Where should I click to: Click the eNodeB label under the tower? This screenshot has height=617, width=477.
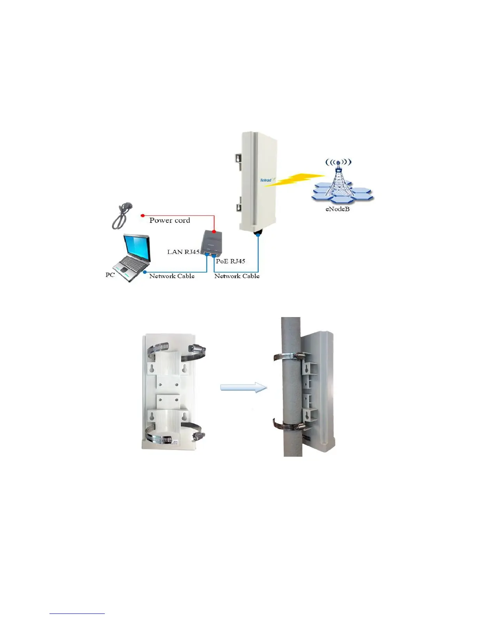337,209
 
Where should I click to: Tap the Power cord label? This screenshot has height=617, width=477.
170,220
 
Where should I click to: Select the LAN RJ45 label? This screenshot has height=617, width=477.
183,252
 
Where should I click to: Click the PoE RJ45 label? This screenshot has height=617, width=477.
230,261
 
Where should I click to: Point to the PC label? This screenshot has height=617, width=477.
110,275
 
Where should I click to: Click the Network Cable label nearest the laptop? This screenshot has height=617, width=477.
172,276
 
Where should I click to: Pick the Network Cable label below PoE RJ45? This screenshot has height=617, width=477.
237,276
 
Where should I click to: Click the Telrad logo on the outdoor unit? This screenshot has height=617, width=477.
266,180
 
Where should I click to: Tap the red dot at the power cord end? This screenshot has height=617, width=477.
143,215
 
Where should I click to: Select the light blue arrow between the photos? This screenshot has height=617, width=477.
244,388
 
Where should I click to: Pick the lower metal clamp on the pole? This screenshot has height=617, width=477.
288,425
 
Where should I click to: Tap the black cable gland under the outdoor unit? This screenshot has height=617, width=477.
258,233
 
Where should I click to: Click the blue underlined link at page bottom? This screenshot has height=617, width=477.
77,613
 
